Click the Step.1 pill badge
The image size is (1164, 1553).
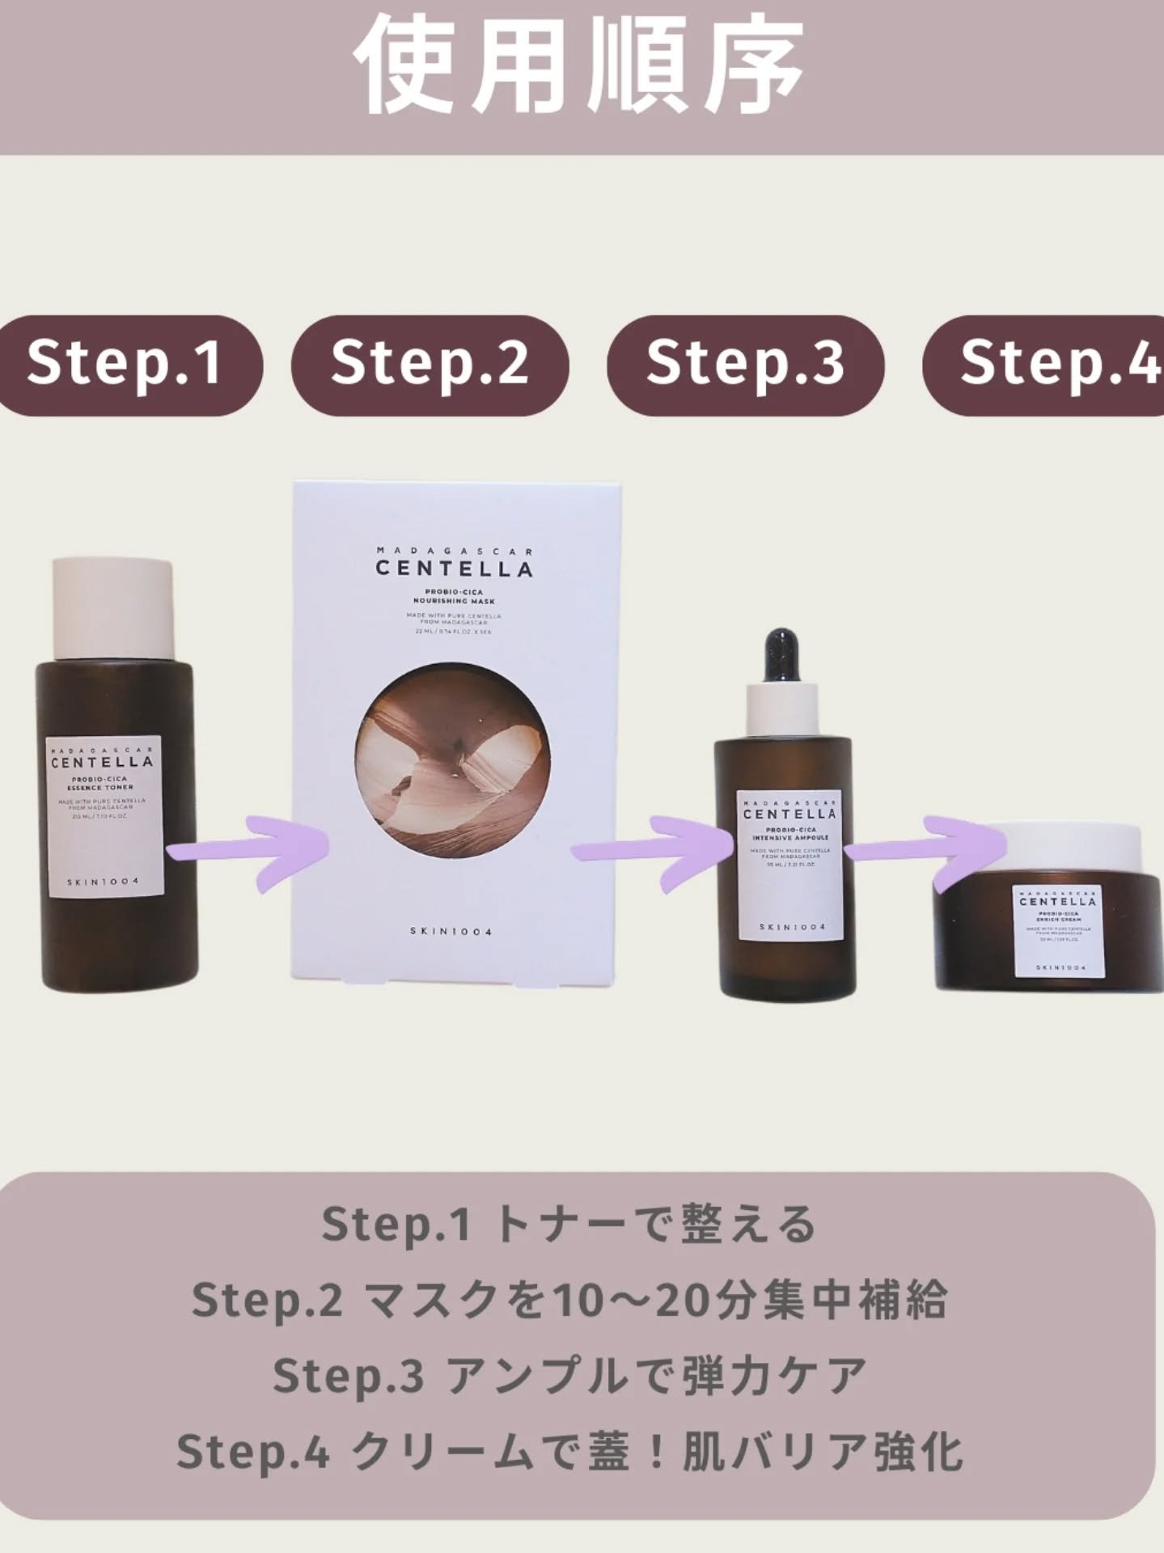125,366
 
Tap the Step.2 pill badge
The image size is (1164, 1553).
430,364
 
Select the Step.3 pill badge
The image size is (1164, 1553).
745,364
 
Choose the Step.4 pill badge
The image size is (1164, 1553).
1052,364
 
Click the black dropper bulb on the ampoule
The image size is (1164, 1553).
783,656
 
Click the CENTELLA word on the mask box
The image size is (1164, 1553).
454,569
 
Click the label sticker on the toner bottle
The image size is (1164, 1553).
104,815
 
